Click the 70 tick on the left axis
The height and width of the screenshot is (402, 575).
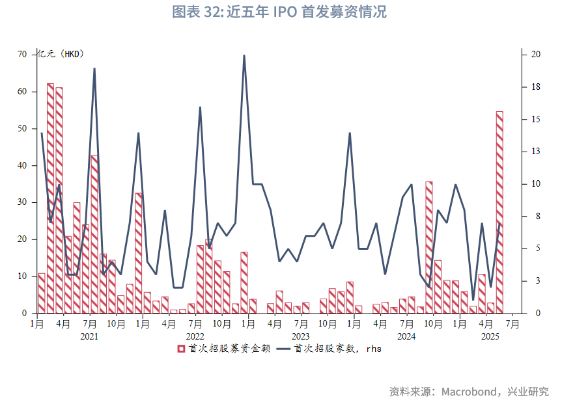pos(23,55)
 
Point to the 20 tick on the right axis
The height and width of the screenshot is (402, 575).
pos(535,55)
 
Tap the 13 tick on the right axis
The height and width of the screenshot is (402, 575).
pos(535,152)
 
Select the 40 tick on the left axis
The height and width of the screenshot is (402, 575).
pos(23,166)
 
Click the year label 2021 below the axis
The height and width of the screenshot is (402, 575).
pos(89,336)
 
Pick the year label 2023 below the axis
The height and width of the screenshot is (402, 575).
pos(300,336)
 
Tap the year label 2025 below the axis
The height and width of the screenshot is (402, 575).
pos(489,336)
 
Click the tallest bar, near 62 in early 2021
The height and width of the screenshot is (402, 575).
pos(50,195)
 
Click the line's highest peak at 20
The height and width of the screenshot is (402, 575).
pos(244,55)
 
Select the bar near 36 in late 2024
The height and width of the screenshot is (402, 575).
pos(429,247)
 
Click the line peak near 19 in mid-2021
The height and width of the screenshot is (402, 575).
pos(94,68)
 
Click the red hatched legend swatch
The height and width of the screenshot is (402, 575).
pos(181,349)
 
